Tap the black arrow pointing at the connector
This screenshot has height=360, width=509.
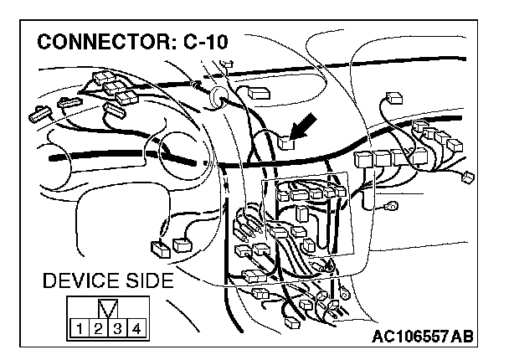point(305,127)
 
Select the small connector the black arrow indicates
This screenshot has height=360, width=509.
point(287,142)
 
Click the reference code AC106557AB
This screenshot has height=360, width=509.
point(424,337)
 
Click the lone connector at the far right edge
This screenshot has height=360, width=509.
point(467,177)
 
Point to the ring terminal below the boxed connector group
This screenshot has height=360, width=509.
point(344,295)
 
